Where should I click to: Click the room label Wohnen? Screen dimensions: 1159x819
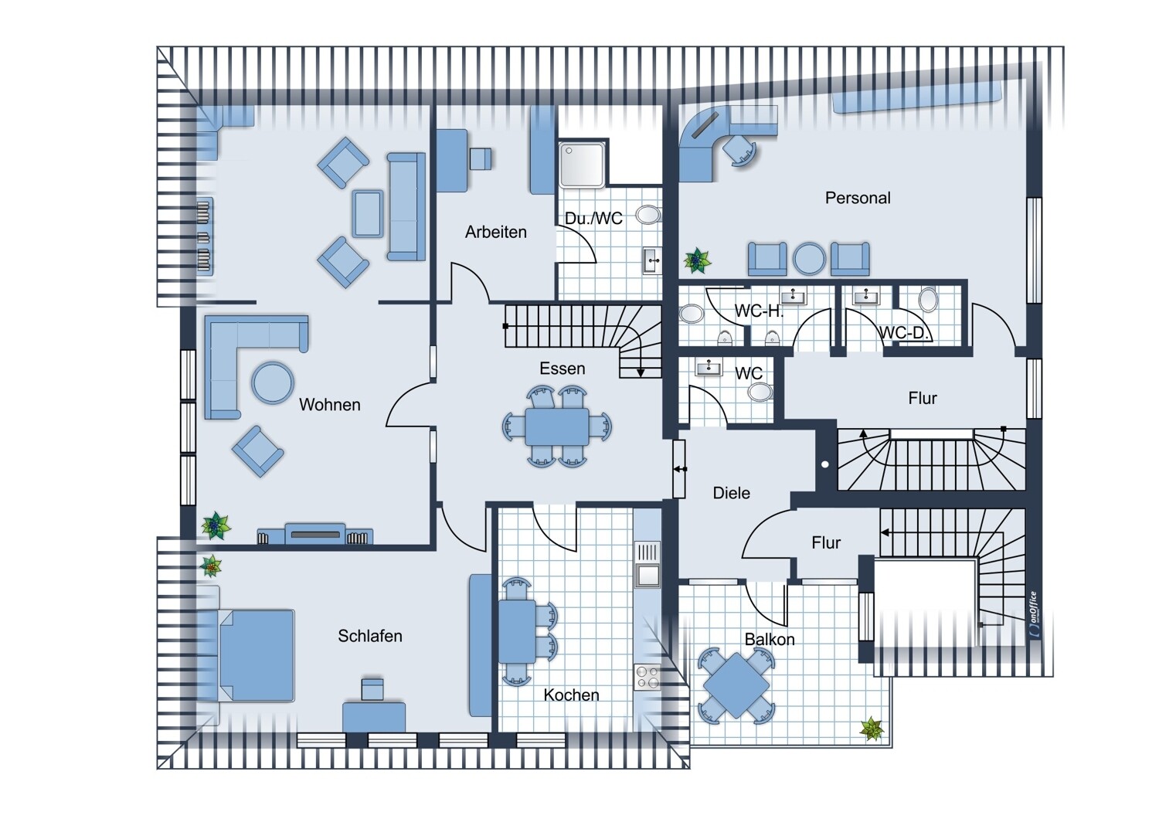(x=330, y=405)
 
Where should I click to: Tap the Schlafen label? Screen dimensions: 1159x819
(x=370, y=636)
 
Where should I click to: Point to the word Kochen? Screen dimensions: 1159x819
(x=571, y=695)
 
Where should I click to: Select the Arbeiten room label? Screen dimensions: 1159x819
(x=496, y=232)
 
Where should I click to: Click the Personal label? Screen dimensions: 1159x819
(x=858, y=198)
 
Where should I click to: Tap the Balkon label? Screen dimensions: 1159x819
(x=770, y=640)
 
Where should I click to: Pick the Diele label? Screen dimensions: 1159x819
(x=731, y=493)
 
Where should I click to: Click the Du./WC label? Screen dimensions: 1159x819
(x=593, y=219)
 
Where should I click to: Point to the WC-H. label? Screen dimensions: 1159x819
(x=759, y=311)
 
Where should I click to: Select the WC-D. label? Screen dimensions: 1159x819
(x=905, y=333)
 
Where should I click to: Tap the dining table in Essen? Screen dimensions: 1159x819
(x=557, y=426)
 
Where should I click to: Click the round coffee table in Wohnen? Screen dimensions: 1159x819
(x=273, y=382)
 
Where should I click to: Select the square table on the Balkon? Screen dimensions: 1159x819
(x=736, y=685)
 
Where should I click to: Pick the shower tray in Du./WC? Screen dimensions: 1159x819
(x=583, y=165)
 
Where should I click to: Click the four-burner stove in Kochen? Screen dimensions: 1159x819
(x=647, y=678)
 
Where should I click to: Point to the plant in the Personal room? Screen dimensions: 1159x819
(x=697, y=260)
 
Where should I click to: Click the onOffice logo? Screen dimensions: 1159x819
(x=1033, y=615)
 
